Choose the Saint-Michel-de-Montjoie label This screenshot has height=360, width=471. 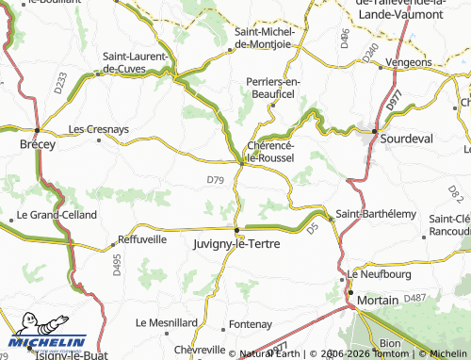(264, 37)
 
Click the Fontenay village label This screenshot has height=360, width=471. (250, 323)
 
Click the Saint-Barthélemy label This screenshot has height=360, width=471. (376, 214)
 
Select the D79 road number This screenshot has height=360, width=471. (215, 179)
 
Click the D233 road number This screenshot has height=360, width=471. (60, 84)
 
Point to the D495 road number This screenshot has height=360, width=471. (117, 267)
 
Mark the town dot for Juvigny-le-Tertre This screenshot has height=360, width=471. (236, 228)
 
